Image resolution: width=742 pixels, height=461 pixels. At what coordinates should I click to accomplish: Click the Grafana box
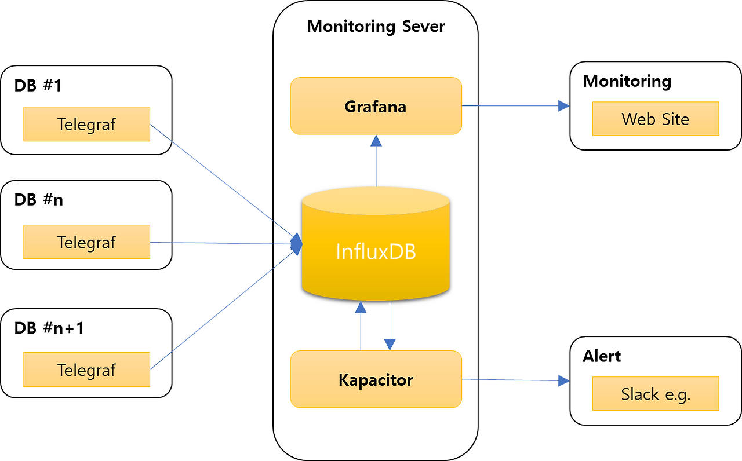pos(376,107)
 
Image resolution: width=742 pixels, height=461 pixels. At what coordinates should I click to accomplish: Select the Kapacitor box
pos(376,380)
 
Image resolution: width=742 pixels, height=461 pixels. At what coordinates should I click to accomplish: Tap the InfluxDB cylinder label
pos(376,252)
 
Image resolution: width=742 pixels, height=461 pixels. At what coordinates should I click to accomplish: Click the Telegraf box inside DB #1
pos(86,124)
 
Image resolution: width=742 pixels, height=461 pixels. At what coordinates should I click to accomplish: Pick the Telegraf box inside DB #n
pos(86,242)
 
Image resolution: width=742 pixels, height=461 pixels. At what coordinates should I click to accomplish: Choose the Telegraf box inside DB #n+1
pos(86,369)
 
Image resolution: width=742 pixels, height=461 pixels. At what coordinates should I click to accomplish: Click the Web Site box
pos(655,119)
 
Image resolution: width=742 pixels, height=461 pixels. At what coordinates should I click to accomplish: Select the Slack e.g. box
pos(655,394)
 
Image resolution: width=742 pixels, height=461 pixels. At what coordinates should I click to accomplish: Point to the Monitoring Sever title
pos(376,26)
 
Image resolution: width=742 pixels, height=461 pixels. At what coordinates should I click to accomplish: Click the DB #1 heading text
pos(38,86)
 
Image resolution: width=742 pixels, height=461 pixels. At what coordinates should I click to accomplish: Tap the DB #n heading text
pos(38,200)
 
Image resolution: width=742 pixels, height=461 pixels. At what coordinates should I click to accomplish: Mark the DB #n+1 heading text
pos(49,328)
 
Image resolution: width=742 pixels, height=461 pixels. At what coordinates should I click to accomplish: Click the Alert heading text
pos(602,356)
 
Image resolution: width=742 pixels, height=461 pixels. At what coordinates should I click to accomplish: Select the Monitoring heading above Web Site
pos(627,81)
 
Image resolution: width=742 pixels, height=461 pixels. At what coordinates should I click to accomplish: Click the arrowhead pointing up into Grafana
pos(376,140)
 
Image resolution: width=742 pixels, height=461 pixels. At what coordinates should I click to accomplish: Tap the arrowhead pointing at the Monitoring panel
pos(563,105)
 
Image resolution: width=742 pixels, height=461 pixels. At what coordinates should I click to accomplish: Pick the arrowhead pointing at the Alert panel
pos(563,380)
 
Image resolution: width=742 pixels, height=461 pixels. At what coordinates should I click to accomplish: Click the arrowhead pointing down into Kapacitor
pos(390,345)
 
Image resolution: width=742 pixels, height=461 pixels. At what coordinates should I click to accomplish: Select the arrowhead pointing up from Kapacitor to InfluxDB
pos(361,307)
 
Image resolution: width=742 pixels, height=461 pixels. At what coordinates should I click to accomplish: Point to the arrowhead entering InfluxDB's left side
pos(296,244)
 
